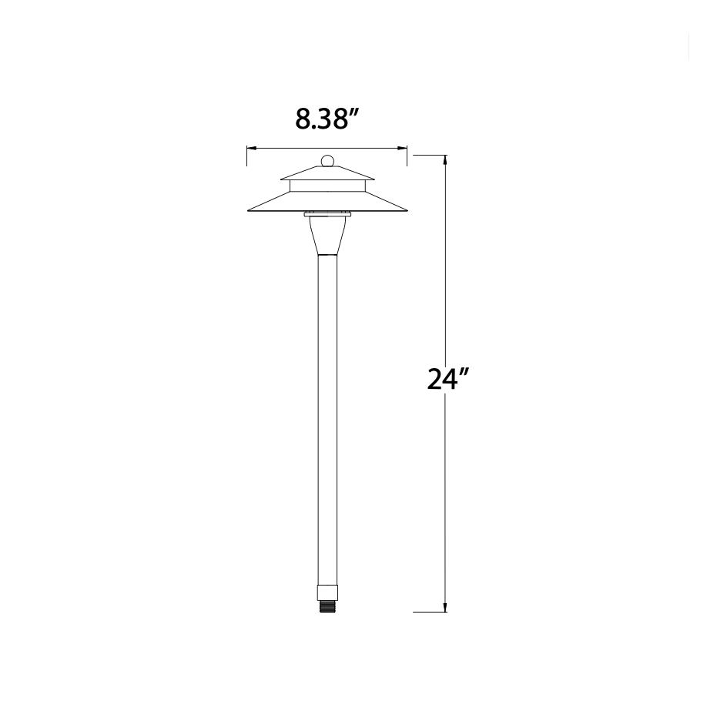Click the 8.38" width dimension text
click(x=327, y=119)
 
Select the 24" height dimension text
click(x=448, y=379)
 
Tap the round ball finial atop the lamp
click(x=327, y=162)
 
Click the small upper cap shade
click(x=327, y=174)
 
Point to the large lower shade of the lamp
click(x=327, y=203)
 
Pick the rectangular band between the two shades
click(x=327, y=186)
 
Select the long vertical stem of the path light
click(x=327, y=424)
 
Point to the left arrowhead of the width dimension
click(x=250, y=148)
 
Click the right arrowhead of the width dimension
click(x=403, y=148)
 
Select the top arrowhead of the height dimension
click(x=445, y=159)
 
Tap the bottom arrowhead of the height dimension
click(x=445, y=608)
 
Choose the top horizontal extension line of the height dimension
click(x=430, y=155)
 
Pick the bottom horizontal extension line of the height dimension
click(x=430, y=612)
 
